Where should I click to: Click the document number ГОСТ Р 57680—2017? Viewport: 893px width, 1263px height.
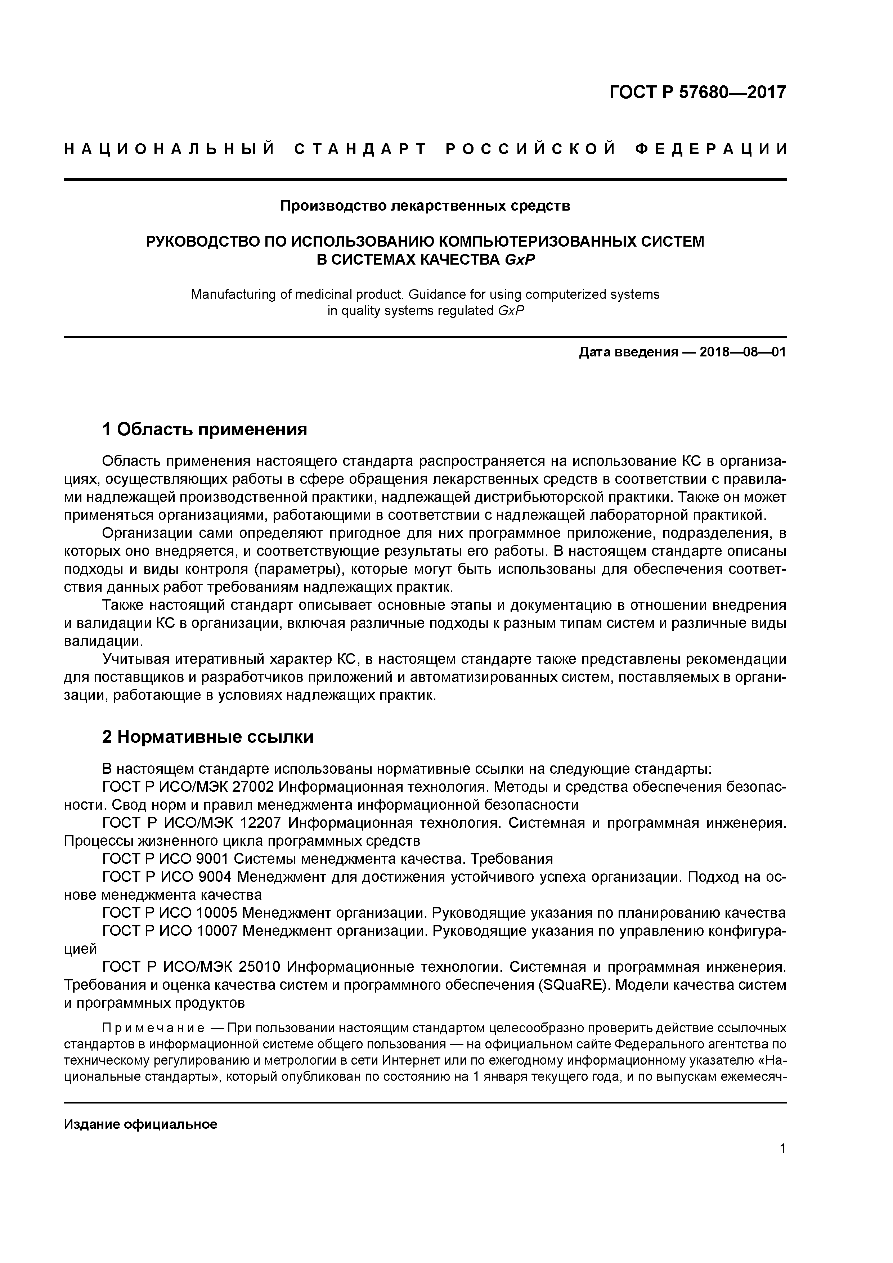tap(698, 93)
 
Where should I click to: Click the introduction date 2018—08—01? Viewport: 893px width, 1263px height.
tap(743, 352)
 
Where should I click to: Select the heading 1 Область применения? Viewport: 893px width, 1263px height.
tap(205, 429)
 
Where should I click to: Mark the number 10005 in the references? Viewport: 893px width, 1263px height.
tap(217, 913)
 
